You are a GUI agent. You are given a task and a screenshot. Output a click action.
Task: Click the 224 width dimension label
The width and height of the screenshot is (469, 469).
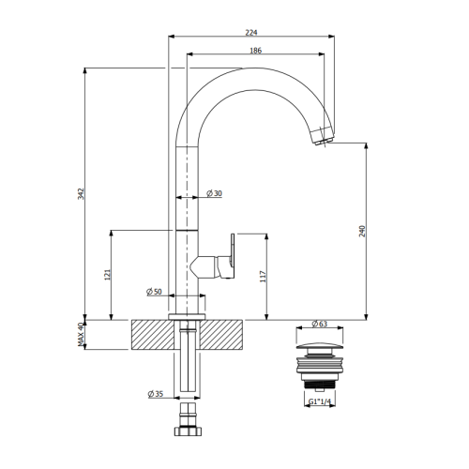(251, 33)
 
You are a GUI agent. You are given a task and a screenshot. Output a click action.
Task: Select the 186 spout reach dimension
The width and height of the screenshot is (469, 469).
(255, 51)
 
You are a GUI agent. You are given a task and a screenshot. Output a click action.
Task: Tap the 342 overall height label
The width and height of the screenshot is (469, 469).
(81, 194)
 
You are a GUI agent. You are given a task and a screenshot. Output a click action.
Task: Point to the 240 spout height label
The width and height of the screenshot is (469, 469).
(362, 231)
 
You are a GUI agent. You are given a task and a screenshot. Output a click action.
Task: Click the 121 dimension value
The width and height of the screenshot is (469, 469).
(107, 275)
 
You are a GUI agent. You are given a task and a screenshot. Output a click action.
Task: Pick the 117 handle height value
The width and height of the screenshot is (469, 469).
(263, 277)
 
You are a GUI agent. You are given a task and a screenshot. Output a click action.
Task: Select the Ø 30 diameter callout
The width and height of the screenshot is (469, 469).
(214, 193)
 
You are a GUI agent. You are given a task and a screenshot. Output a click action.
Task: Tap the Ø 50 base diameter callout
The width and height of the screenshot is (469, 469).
(154, 292)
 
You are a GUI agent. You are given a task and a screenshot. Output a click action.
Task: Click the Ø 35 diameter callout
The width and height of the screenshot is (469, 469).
(156, 394)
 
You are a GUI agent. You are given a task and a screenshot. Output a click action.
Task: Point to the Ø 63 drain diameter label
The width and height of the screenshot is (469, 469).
(320, 324)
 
